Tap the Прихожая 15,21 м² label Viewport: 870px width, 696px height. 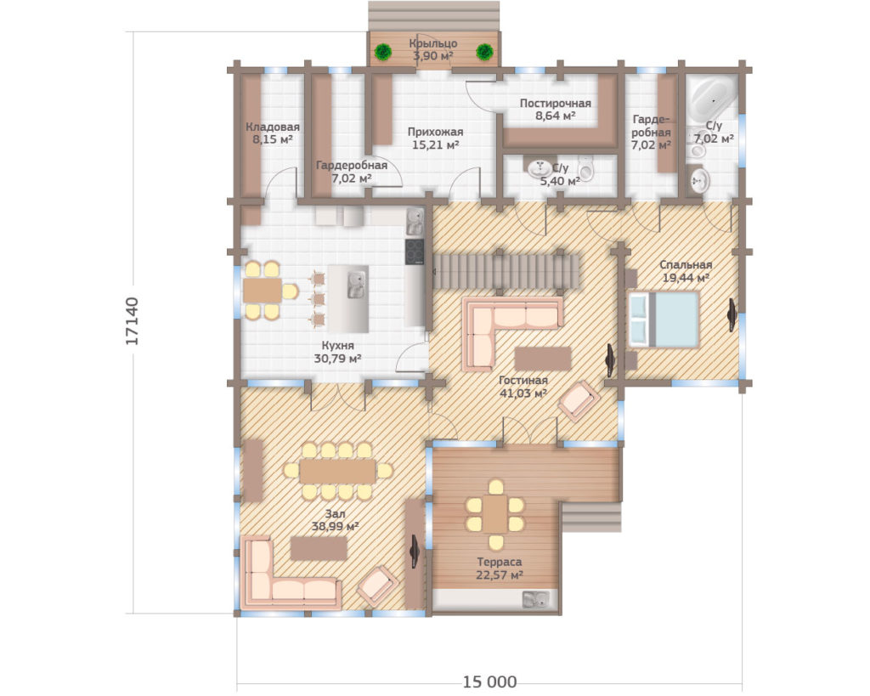[x=436, y=139]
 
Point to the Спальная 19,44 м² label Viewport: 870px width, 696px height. [x=686, y=271]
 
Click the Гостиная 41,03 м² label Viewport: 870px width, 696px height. [x=523, y=387]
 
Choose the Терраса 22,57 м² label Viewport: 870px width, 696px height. [x=500, y=569]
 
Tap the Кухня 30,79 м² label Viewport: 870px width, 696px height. [x=337, y=352]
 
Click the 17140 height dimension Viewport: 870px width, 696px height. [x=132, y=321]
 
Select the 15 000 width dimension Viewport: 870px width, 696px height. [x=489, y=681]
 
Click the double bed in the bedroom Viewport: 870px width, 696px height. [x=663, y=320]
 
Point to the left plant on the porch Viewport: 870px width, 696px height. [x=383, y=52]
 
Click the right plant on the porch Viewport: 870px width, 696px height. [x=484, y=52]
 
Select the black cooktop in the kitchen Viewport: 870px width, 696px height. [x=415, y=252]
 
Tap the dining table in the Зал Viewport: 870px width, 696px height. [x=337, y=471]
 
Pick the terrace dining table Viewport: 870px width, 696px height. [x=495, y=514]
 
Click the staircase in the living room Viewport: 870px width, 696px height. [x=506, y=272]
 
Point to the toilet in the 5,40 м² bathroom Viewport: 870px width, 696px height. [x=585, y=167]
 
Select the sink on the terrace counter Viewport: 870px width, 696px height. [x=535, y=599]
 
